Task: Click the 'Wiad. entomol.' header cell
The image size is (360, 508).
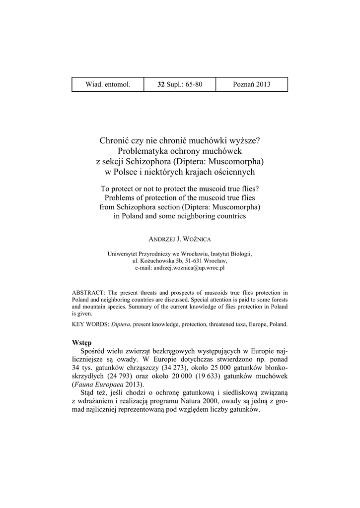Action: tap(108, 84)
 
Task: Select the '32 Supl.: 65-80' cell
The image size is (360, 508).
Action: tap(180, 84)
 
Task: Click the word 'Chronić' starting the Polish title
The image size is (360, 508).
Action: tap(114, 141)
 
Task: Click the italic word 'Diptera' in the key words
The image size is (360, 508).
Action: tap(121, 324)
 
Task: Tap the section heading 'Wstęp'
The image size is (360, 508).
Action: tap(82, 343)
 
